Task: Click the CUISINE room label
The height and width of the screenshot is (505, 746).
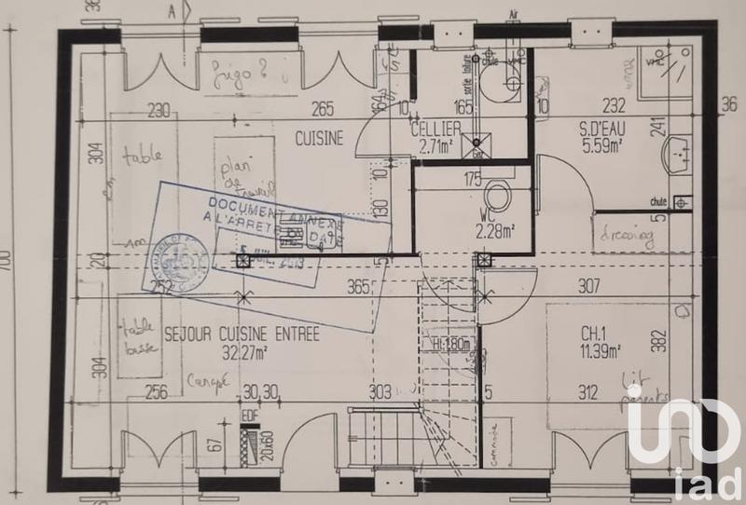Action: (x=320, y=139)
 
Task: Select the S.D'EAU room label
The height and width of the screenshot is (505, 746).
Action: (x=575, y=130)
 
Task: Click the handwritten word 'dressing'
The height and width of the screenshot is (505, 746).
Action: (x=627, y=234)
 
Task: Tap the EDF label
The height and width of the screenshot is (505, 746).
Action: (x=249, y=416)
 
